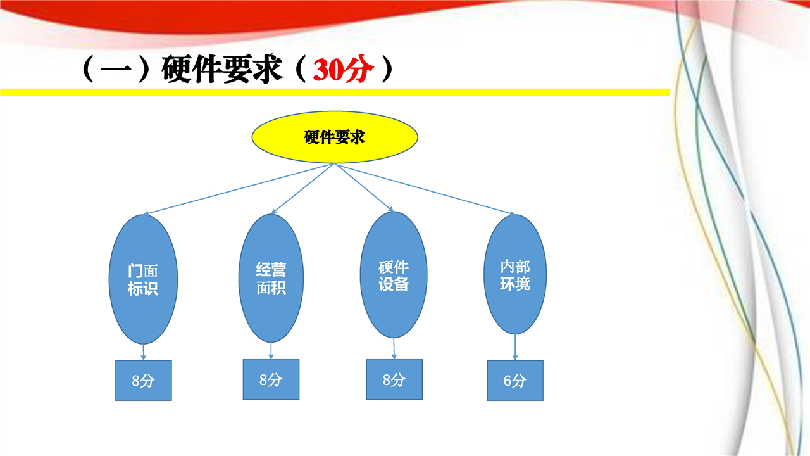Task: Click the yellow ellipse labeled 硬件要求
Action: pyautogui.click(x=335, y=137)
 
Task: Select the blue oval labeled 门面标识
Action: pyautogui.click(x=143, y=279)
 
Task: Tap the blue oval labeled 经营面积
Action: pyautogui.click(x=271, y=278)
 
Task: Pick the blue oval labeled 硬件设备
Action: pyautogui.click(x=394, y=275)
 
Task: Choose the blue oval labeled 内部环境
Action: pyautogui.click(x=515, y=274)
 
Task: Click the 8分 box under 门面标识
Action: pyautogui.click(x=144, y=381)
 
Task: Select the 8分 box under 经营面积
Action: pyautogui.click(x=271, y=379)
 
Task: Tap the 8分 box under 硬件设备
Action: pyautogui.click(x=394, y=379)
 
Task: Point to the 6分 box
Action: pyautogui.click(x=515, y=381)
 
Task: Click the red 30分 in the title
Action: pyautogui.click(x=343, y=69)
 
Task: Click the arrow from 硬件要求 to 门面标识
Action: pyautogui.click(x=239, y=189)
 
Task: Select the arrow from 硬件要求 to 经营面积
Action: pyautogui.click(x=303, y=189)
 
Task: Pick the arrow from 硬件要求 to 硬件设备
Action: pyautogui.click(x=364, y=187)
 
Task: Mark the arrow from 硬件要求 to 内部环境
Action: pyautogui.click(x=425, y=189)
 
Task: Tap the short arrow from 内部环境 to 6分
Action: pyautogui.click(x=515, y=347)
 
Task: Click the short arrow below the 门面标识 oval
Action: pyautogui.click(x=144, y=352)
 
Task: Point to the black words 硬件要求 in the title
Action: pyautogui.click(x=221, y=69)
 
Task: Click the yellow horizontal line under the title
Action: pyautogui.click(x=335, y=92)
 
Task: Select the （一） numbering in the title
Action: pyautogui.click(x=116, y=69)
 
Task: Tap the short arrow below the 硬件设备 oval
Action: pyautogui.click(x=394, y=348)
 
